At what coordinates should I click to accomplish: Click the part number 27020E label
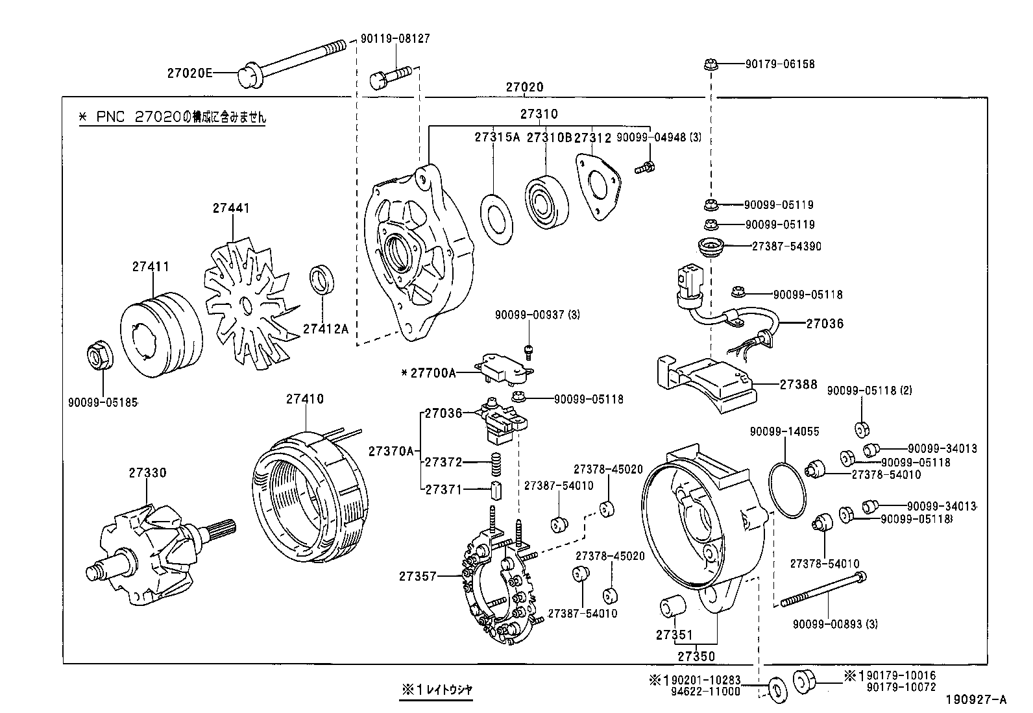click(x=189, y=73)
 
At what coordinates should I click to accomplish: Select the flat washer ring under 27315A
click(x=497, y=217)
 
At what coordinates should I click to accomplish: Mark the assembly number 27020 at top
click(x=524, y=87)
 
